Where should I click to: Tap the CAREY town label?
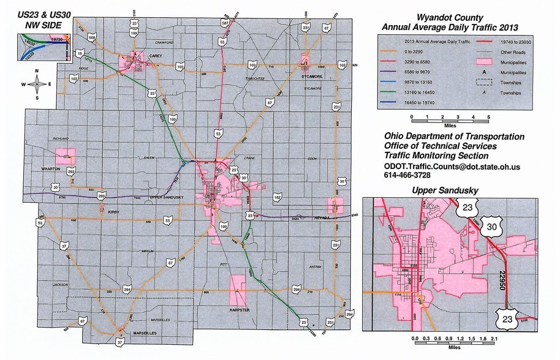154,55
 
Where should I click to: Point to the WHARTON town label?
50,168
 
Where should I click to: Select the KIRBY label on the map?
113,212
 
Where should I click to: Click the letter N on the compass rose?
37,72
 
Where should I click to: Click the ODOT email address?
452,167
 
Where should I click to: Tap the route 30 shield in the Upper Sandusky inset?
492,227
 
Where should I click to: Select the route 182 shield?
278,197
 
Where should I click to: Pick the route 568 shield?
93,38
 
